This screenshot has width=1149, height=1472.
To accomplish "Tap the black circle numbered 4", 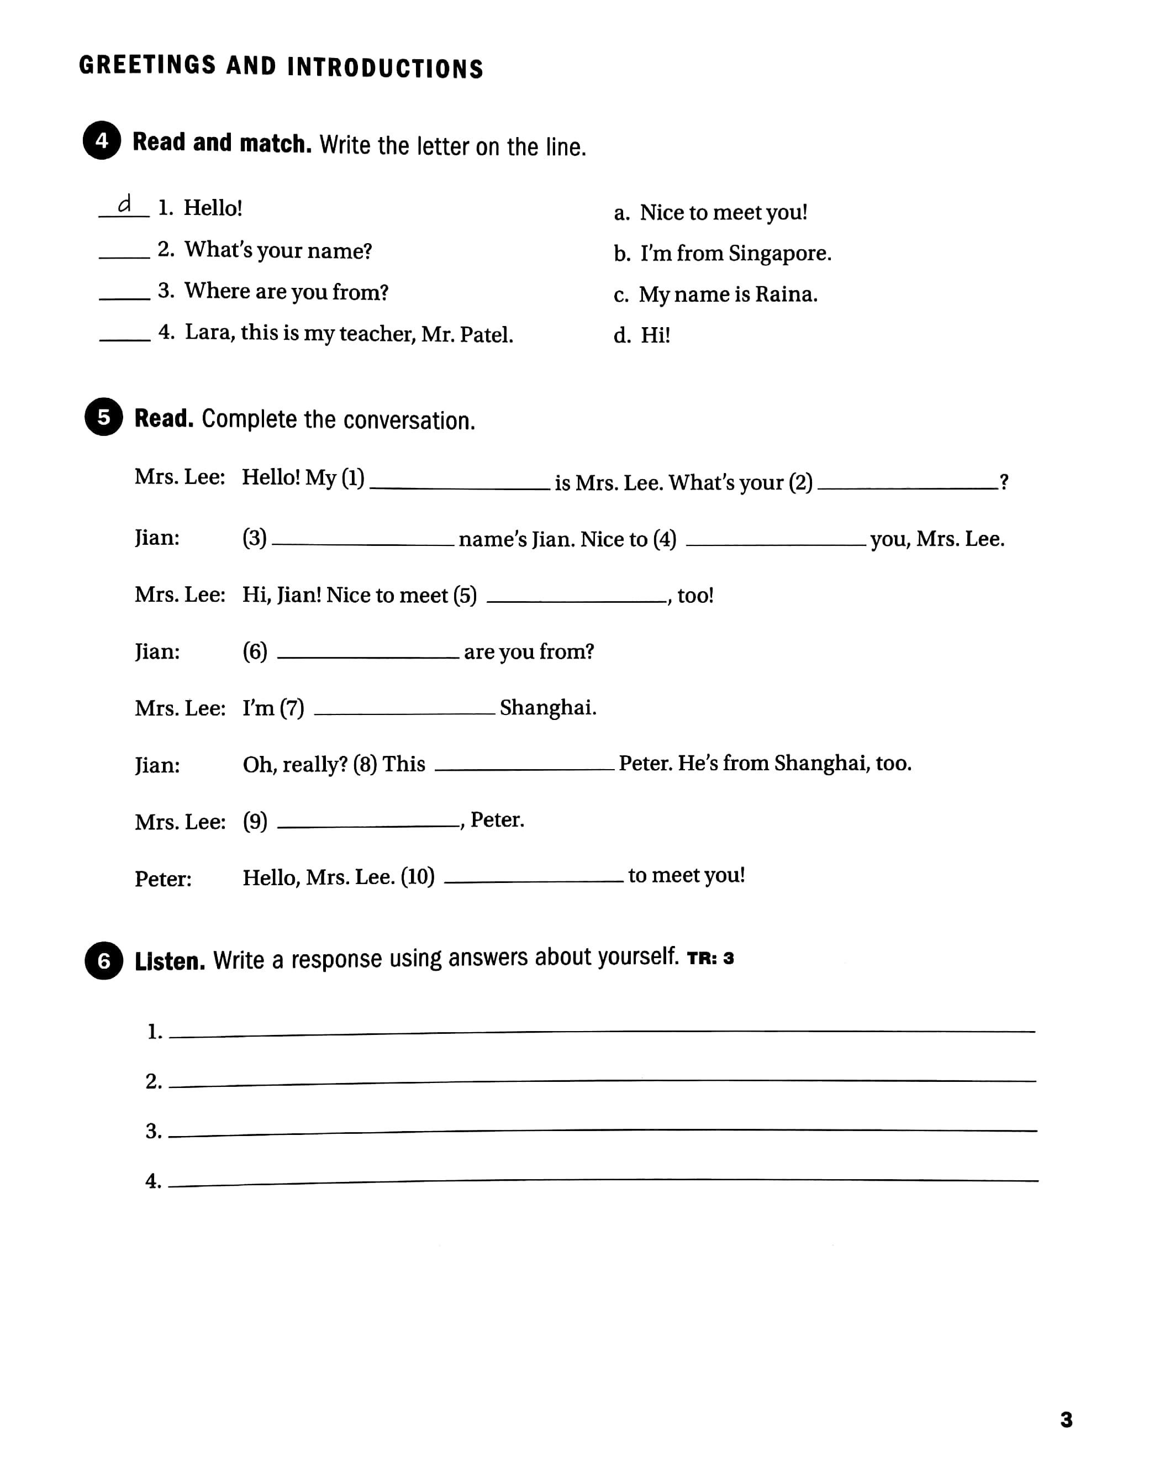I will [102, 141].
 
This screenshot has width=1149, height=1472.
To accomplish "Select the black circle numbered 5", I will [103, 417].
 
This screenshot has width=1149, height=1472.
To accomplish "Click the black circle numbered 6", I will [104, 960].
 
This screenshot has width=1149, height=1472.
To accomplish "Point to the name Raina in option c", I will [786, 295].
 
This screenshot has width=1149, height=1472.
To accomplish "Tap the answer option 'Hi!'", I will [655, 335].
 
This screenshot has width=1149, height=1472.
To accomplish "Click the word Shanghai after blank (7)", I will [548, 708].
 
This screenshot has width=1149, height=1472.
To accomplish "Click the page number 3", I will [1066, 1420].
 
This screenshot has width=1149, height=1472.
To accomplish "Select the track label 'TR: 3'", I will [710, 959].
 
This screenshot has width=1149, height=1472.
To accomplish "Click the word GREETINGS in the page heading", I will [147, 65].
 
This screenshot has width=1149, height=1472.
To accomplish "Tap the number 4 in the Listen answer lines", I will [153, 1181].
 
